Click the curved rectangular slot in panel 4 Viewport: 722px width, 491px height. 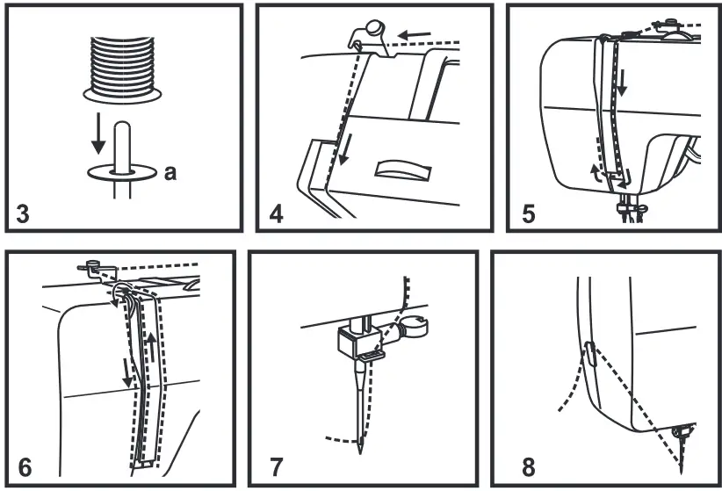400,169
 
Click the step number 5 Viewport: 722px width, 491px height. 530,212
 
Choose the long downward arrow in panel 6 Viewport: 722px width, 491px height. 127,369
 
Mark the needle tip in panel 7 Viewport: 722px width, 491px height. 360,449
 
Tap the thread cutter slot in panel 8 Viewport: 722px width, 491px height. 590,353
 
